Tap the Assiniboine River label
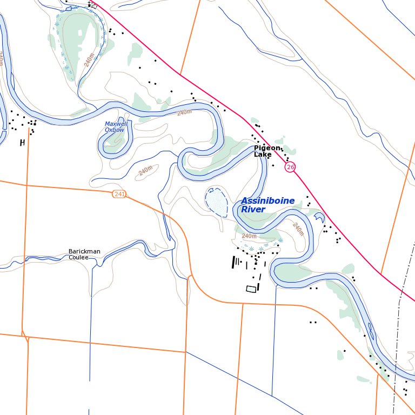tap(267, 205)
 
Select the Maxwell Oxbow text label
tap(116, 127)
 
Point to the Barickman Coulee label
tap(84, 255)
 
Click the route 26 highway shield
tap(291, 167)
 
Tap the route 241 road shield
tap(119, 194)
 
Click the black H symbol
tap(22, 143)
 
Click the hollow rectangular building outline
tap(251, 289)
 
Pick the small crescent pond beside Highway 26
tap(320, 217)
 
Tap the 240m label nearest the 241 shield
tap(145, 171)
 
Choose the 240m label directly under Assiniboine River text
tap(249, 236)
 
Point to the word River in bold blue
tap(253, 209)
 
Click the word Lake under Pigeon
tap(263, 155)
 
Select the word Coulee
tap(78, 258)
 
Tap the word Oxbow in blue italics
tap(115, 130)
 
